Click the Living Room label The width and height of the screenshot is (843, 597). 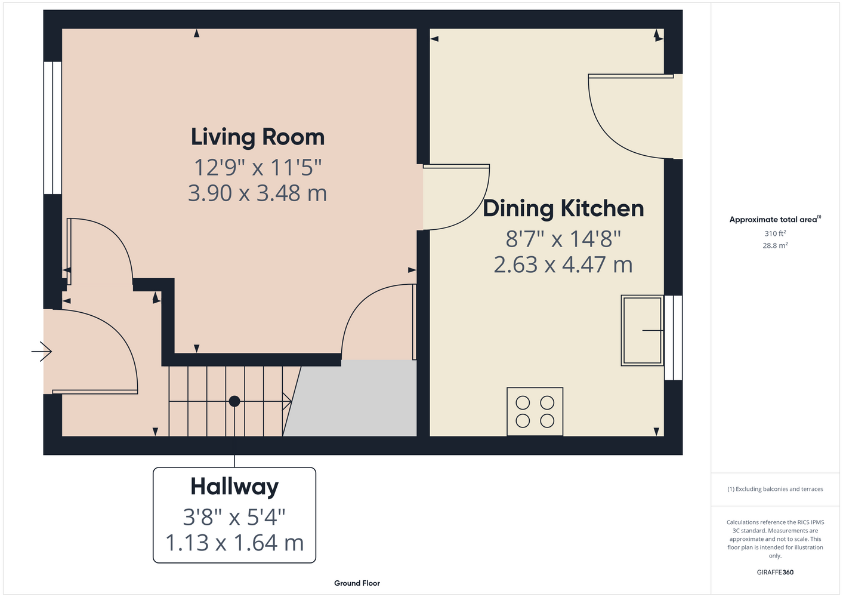coord(257,137)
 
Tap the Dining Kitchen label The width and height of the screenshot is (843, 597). coord(563,208)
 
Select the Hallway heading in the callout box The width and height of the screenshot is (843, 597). coord(234,487)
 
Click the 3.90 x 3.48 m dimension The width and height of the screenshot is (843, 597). coord(257,193)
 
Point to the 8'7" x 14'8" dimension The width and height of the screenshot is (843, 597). coord(563,239)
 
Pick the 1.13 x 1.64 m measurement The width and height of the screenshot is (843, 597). coord(234,543)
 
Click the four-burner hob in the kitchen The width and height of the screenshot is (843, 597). coord(535,412)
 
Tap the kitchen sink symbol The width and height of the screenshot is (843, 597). coord(642,330)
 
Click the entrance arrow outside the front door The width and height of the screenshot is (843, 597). coord(41,352)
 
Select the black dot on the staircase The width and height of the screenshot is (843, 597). coord(234,401)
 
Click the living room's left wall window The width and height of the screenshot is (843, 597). coord(53,128)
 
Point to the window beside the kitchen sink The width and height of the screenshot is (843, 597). coord(674,337)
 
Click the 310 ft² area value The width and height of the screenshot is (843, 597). coord(775,233)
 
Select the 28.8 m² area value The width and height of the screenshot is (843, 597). coord(775,245)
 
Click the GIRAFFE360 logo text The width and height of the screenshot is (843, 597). coord(775,572)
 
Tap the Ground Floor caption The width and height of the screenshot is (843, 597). coord(357,583)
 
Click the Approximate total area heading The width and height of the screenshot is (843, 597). coord(775,219)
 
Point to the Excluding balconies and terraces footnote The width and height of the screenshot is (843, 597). coord(775,489)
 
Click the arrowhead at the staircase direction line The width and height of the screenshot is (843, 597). coord(287,401)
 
